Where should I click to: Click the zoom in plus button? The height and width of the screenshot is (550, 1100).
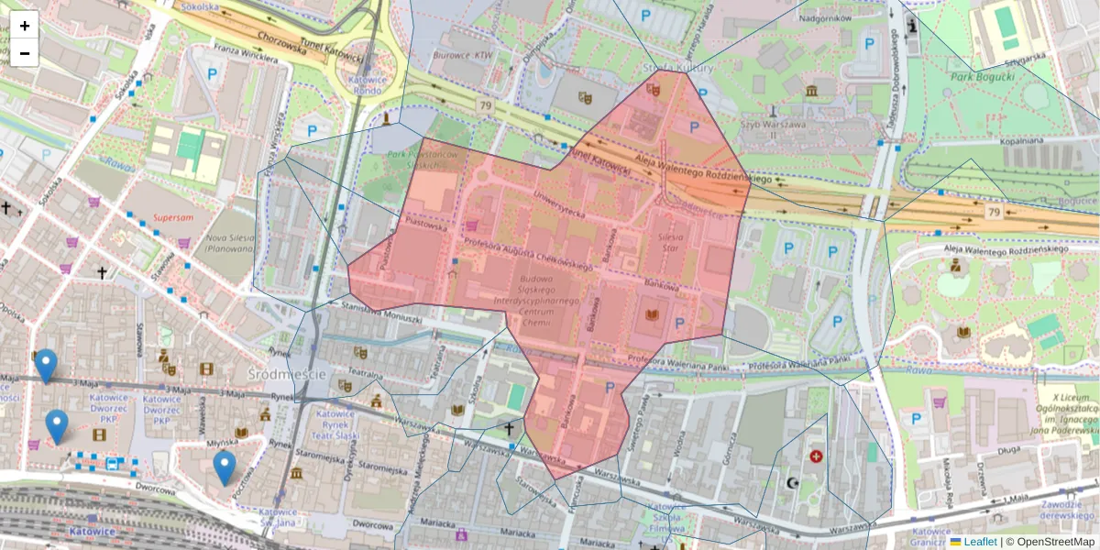pos(25,25)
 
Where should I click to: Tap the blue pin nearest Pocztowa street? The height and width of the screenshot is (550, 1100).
pos(225,467)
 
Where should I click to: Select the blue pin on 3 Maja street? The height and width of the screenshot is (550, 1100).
pos(46,365)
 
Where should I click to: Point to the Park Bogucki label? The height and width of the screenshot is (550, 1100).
pos(983,76)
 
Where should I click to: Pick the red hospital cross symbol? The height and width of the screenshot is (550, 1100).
pos(816,456)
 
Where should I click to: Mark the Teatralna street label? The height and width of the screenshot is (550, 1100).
pos(364,374)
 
